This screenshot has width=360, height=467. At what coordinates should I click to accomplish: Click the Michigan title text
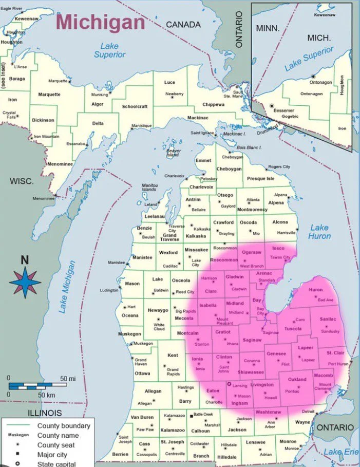(101, 22)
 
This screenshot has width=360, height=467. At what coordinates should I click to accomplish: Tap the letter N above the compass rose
(25, 260)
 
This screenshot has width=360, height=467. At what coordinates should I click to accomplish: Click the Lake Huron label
(319, 232)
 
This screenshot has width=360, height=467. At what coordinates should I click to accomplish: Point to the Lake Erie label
(341, 452)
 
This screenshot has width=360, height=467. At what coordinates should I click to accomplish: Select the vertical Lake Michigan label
(67, 287)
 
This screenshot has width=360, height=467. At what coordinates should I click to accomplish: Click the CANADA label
(183, 24)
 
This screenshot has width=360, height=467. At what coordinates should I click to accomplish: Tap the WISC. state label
(22, 181)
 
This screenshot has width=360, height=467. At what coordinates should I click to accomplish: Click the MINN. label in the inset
(268, 28)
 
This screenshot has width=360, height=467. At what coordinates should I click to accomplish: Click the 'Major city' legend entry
(53, 455)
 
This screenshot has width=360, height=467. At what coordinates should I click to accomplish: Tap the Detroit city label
(308, 412)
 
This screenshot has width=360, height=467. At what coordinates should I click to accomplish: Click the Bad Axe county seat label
(326, 300)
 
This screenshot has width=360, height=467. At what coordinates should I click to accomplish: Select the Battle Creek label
(203, 415)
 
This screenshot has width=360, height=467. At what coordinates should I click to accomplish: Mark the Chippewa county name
(213, 104)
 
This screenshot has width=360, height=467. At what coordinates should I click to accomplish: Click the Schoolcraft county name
(135, 106)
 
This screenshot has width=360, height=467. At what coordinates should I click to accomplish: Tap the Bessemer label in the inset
(283, 110)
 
